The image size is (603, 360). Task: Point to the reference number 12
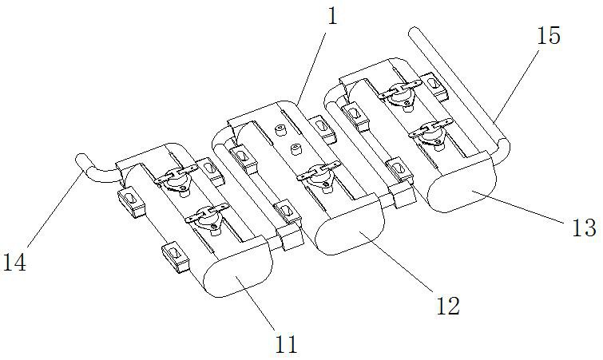click(447, 305)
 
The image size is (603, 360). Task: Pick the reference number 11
click(286, 345)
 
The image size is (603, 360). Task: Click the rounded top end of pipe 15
click(415, 34)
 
